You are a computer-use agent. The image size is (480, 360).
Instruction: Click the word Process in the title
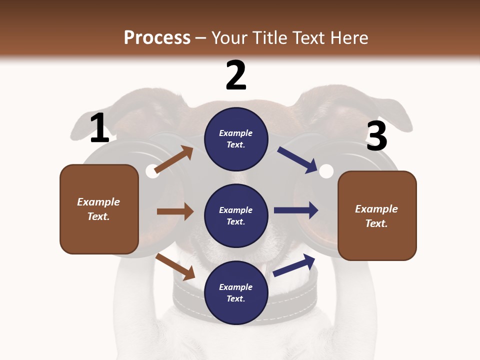tap(157, 37)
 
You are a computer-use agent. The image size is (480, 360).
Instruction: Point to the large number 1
tap(99, 128)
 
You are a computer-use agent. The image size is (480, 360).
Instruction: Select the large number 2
tap(236, 75)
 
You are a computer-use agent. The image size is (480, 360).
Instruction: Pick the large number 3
tap(376, 136)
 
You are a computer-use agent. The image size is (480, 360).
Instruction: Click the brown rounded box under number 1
tap(99, 209)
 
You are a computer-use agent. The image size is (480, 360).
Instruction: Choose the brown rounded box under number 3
tap(377, 216)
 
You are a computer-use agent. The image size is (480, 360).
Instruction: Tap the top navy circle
tap(236, 139)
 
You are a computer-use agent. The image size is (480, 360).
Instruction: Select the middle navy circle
tap(236, 216)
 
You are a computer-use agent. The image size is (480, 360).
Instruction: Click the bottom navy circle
tap(236, 293)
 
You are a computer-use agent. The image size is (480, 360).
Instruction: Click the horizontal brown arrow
tap(175, 211)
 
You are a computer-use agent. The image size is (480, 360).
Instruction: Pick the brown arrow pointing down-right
tap(175, 266)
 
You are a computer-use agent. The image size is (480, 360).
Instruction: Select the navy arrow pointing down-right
tap(298, 159)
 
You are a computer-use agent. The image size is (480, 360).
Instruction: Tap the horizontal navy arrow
tap(296, 210)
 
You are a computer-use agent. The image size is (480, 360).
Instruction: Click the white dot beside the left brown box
tap(152, 171)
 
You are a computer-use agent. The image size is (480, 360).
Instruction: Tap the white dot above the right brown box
tap(326, 171)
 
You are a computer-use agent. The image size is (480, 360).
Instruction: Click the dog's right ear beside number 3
tap(380, 107)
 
